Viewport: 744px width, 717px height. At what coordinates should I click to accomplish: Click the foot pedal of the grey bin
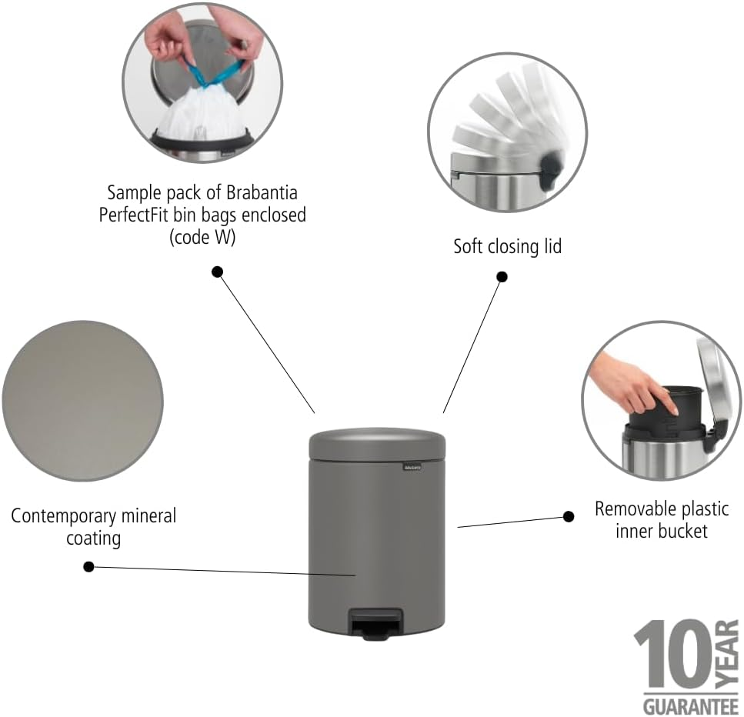pos(375,621)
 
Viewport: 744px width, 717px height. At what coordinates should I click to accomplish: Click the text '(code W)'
pos(202,238)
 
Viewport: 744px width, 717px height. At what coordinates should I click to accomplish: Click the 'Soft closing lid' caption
pos(507,247)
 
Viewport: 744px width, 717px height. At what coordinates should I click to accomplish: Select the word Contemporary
pos(64,515)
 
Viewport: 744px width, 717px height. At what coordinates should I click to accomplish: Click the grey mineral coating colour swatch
pos(82,401)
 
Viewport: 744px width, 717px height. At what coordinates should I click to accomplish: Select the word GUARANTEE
pos(687,705)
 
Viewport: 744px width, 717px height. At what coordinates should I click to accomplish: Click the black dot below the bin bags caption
pos(218,271)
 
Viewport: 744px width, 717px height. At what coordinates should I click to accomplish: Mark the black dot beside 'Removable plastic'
pos(569,516)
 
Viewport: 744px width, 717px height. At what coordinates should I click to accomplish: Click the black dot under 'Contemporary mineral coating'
pos(88,567)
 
